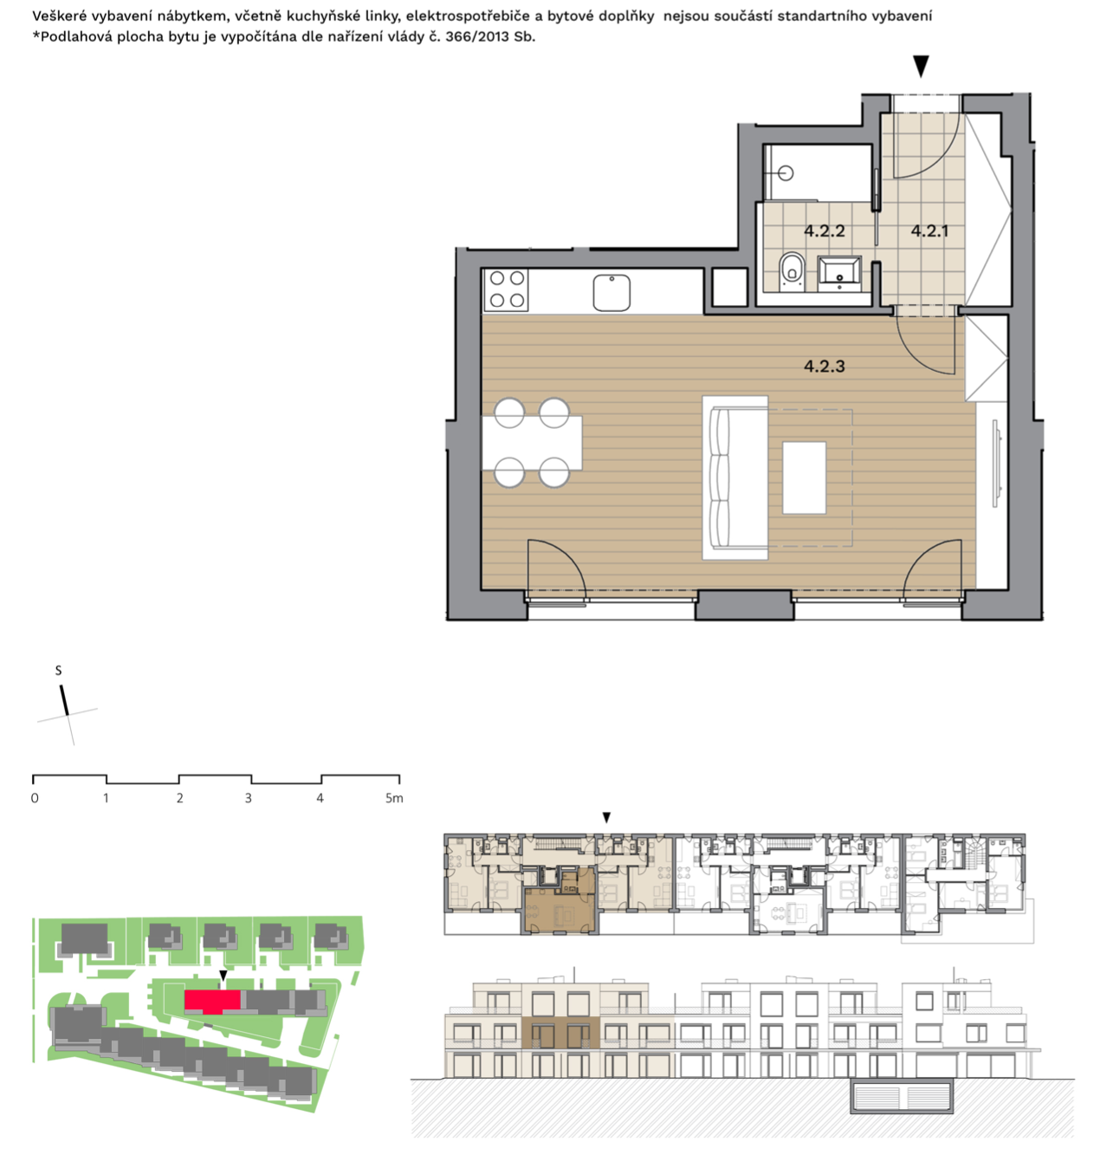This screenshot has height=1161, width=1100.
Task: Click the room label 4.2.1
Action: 929,230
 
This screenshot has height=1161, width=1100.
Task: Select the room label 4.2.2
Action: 824,230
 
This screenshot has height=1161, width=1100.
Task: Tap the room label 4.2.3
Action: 824,366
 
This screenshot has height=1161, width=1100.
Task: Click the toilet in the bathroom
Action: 791,272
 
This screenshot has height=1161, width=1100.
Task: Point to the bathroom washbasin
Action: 838,274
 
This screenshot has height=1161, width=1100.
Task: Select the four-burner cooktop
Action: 506,289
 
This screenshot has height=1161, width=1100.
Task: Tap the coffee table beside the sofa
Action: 804,477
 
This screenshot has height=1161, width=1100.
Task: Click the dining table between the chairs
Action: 532,443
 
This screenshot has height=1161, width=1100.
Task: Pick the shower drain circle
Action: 786,173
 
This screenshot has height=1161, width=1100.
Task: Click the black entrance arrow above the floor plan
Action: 920,66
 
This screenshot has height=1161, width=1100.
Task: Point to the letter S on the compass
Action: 58,671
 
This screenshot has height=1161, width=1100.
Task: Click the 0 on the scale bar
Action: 35,798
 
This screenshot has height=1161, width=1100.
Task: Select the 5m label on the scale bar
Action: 394,798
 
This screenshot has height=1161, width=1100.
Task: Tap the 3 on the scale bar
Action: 248,798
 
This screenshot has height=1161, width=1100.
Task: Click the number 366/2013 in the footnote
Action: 477,36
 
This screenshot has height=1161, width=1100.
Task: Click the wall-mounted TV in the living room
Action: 995,463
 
